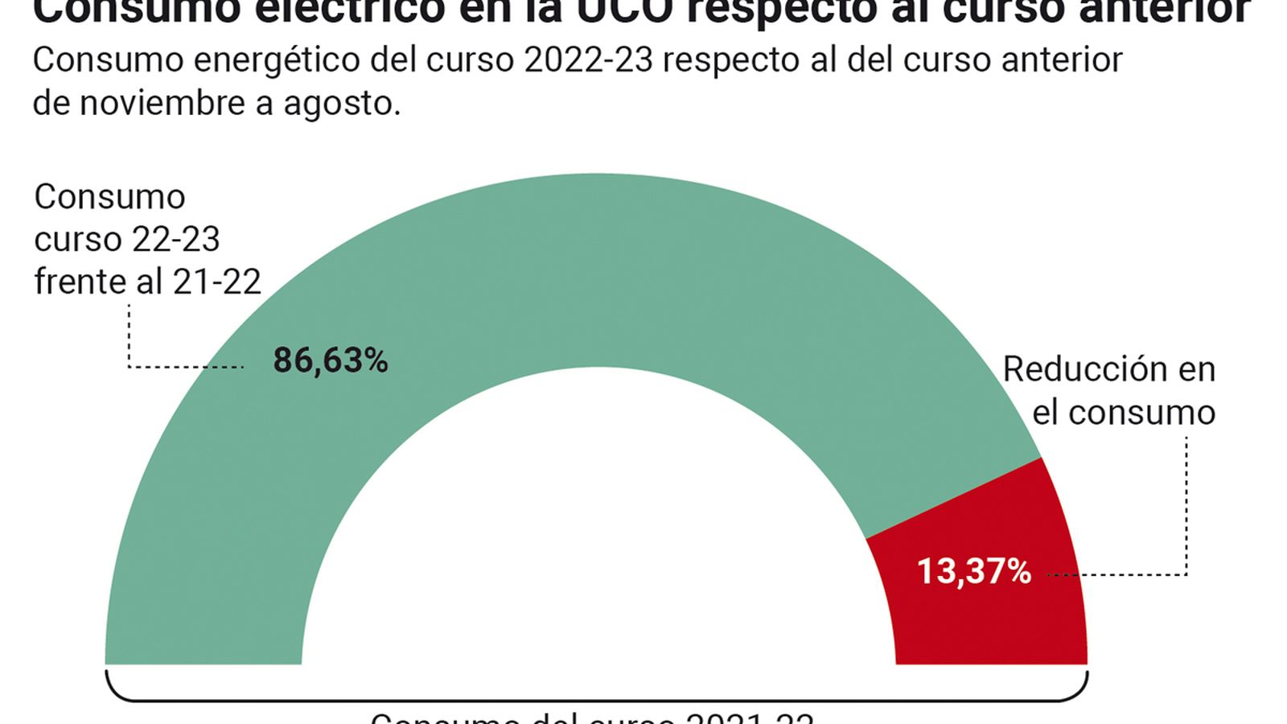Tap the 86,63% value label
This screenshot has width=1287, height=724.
(x=331, y=360)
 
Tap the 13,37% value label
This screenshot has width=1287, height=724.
(x=973, y=572)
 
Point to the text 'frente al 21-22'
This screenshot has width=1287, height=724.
(x=147, y=282)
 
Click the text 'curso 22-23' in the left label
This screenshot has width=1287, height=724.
(x=127, y=240)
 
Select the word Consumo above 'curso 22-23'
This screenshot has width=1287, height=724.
(x=109, y=197)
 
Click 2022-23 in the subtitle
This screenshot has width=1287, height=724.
(x=588, y=60)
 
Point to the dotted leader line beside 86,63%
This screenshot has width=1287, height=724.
(x=185, y=368)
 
